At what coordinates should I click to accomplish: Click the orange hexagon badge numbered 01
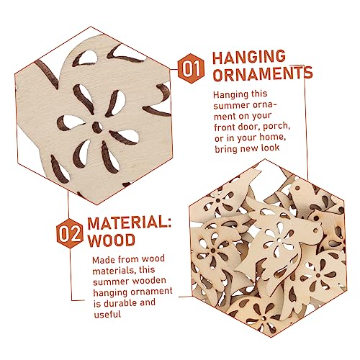tap(191, 68)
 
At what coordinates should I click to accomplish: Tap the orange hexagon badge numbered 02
tap(70, 234)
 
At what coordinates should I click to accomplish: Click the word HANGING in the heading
tap(249, 57)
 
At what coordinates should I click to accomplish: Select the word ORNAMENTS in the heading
tap(263, 74)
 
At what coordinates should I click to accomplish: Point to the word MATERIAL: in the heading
tap(130, 222)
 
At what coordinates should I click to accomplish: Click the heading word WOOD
tap(111, 240)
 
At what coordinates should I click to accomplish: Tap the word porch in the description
tap(276, 127)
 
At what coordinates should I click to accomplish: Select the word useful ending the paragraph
tap(107, 314)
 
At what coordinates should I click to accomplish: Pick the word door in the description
tap(248, 127)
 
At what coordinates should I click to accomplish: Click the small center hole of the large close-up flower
tap(97, 127)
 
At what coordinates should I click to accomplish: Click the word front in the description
tap(224, 127)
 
